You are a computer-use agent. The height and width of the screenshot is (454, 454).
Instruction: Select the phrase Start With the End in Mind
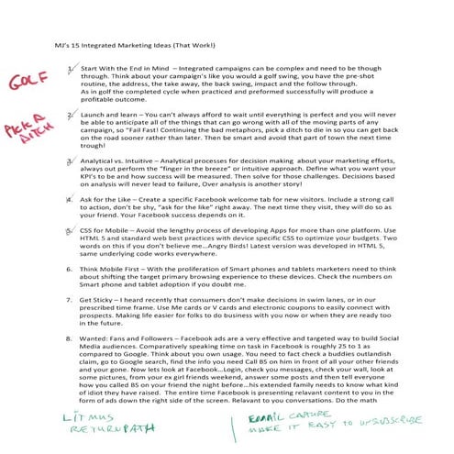coord(123,69)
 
